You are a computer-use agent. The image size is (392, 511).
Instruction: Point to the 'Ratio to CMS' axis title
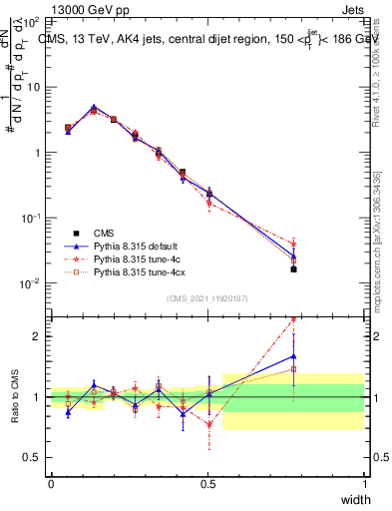point(14,397)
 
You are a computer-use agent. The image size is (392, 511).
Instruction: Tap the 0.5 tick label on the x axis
point(207,483)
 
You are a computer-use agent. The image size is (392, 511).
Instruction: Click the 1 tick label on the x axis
point(364,483)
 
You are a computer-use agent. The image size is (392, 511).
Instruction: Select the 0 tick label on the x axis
point(51,483)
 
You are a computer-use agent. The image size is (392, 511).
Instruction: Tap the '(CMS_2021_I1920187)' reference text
point(207,298)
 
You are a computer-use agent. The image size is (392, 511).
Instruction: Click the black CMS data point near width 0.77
point(293,268)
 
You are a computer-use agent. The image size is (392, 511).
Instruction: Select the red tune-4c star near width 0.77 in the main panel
point(293,243)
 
